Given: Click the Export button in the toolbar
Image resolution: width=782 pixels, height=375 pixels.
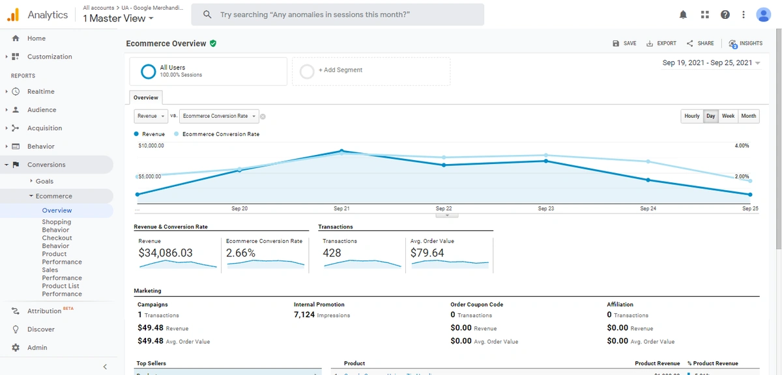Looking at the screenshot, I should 661,44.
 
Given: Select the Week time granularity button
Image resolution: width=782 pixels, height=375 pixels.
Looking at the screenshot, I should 728,116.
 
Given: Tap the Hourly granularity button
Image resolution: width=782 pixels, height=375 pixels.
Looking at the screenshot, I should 691,116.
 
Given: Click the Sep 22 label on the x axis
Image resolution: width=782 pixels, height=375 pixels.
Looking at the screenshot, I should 444,208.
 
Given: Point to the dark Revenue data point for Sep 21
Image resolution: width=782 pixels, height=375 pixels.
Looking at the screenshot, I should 342,151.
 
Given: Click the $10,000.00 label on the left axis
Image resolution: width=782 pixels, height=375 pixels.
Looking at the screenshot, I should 151,146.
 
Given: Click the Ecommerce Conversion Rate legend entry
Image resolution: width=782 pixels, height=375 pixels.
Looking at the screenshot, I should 220,134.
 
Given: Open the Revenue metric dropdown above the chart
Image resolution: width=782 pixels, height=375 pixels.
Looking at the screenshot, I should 151,116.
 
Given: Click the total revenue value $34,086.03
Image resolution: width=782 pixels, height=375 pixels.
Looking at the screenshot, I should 166,253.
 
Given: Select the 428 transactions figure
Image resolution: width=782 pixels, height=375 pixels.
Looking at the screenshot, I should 332,253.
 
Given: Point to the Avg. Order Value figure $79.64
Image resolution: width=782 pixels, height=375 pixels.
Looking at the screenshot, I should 427,253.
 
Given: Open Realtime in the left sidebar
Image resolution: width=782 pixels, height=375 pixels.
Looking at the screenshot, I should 40,92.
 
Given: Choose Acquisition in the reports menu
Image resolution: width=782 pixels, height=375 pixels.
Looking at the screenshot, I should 44,128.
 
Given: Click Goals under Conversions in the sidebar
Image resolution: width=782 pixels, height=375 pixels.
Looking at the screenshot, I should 44,181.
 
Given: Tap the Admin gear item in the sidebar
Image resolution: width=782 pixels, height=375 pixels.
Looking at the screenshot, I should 36,348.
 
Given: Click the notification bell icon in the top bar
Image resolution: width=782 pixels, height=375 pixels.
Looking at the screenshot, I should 683,14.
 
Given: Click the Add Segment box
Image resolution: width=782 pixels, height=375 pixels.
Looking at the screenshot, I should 371,71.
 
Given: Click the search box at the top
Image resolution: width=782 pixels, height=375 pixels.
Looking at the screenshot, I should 342,14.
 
